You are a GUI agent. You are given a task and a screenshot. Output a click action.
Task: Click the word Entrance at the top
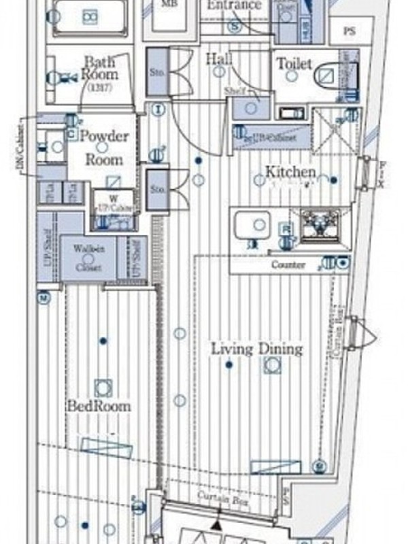click(x=233, y=5)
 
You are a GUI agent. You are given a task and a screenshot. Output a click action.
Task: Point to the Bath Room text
click(x=100, y=67)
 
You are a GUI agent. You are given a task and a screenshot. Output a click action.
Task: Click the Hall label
click(x=218, y=59)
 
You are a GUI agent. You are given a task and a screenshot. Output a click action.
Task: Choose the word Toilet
click(x=294, y=64)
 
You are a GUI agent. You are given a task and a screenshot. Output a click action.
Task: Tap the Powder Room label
click(x=104, y=148)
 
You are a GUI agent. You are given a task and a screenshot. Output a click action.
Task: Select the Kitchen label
click(x=290, y=171)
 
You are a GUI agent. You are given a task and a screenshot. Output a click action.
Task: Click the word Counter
click(x=288, y=265)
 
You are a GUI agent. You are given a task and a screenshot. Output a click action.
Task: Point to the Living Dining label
click(x=256, y=350)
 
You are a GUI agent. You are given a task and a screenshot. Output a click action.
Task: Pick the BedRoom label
click(x=99, y=406)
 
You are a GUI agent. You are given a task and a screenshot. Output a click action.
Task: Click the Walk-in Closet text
click(x=89, y=258)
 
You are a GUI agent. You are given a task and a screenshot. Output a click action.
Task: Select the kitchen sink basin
click(x=253, y=224)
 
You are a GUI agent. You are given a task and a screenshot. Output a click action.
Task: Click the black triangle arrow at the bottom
click(x=216, y=524)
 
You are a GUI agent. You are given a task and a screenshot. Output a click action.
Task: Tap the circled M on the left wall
click(x=43, y=297)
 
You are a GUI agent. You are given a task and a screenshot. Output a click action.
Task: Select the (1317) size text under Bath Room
click(x=100, y=86)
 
